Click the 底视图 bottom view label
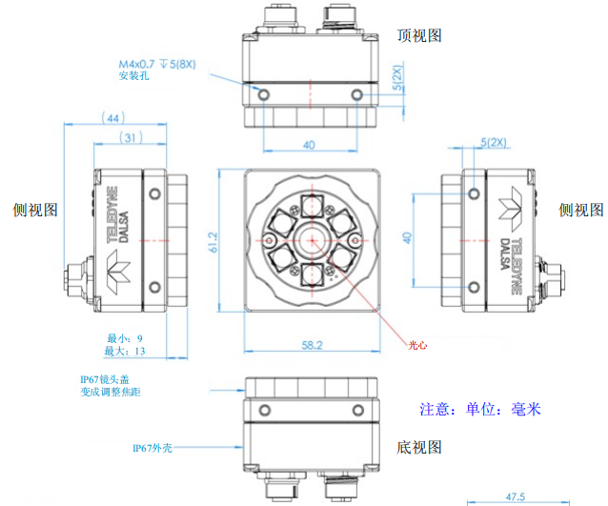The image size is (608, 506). (419, 447)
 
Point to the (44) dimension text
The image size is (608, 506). (112, 118)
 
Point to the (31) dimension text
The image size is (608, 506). (132, 139)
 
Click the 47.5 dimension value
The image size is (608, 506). (515, 496)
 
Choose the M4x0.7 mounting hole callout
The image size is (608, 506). (157, 64)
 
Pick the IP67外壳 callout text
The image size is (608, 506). (153, 446)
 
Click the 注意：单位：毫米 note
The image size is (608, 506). (480, 410)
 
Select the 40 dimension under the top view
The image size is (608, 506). (309, 145)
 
